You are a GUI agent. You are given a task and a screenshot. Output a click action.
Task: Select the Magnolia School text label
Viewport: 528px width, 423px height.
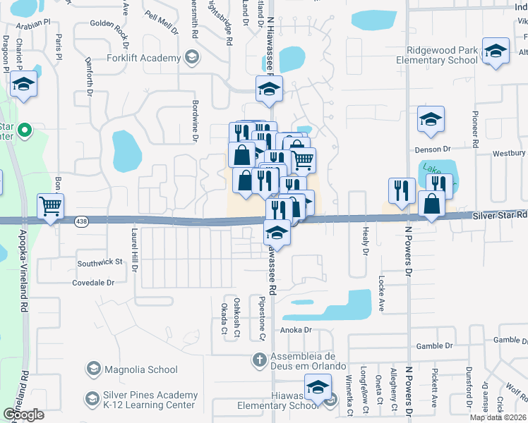tap(140, 369)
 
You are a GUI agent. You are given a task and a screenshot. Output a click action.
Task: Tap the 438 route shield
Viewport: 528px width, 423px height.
tap(82, 221)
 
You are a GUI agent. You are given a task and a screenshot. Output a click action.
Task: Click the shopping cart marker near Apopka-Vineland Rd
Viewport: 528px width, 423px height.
tap(51, 206)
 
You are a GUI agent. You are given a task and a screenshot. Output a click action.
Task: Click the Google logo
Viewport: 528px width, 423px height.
tap(23, 415)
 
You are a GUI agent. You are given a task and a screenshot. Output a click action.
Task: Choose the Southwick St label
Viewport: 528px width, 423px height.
tap(100, 262)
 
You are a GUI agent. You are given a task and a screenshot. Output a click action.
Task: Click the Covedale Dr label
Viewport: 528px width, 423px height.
tap(93, 283)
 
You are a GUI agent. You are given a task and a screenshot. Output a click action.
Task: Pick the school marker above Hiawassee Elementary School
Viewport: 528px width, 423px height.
tap(318, 387)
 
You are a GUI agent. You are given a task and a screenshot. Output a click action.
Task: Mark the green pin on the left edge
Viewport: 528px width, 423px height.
tap(23, 130)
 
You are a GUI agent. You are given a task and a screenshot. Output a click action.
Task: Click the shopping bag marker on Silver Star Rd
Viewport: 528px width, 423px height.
tap(431, 204)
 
